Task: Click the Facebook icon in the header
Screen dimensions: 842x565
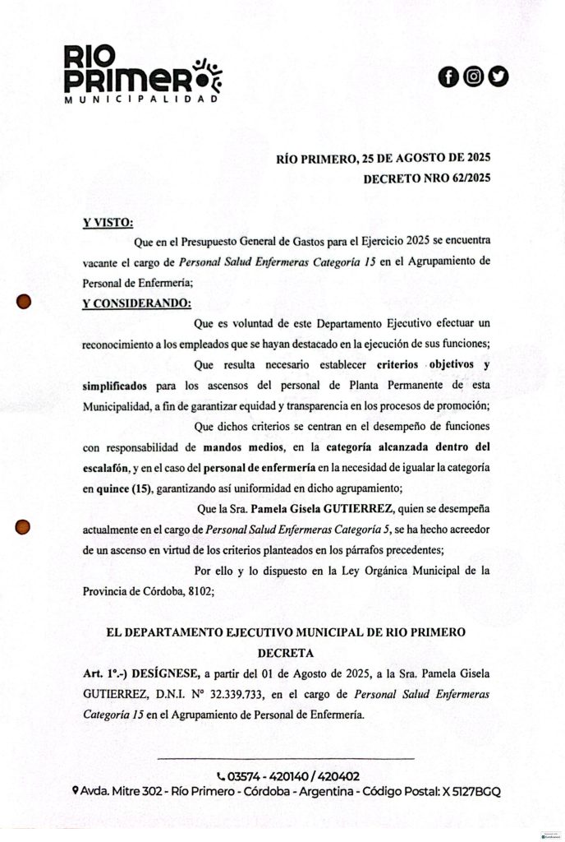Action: pyautogui.click(x=448, y=77)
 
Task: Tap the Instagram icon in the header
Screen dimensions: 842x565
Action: pyautogui.click(x=473, y=77)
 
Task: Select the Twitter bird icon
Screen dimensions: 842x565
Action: pyautogui.click(x=498, y=77)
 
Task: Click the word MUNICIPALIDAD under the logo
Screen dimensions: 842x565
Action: pyautogui.click(x=140, y=99)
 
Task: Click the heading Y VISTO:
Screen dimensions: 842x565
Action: pyautogui.click(x=108, y=222)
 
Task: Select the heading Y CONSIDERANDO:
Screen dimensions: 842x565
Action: pyautogui.click(x=136, y=303)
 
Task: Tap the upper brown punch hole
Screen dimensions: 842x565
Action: pyautogui.click(x=25, y=302)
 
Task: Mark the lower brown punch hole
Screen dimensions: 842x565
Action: pyautogui.click(x=25, y=526)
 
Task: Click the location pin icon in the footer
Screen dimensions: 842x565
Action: pyautogui.click(x=75, y=791)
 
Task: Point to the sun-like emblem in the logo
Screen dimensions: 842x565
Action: pyautogui.click(x=206, y=73)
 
